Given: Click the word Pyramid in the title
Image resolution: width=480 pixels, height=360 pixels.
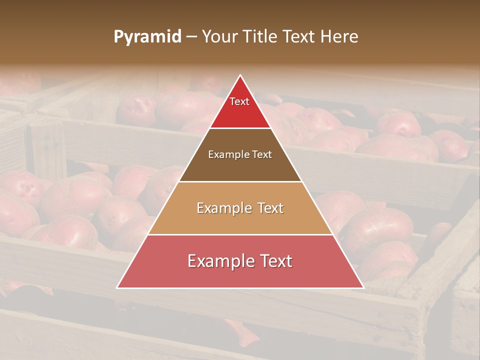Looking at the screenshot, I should coord(147,37).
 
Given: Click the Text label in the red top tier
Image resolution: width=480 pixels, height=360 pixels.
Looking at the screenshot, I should coord(239,101).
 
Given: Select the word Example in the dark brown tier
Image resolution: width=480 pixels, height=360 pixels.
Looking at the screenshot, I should coord(227,155).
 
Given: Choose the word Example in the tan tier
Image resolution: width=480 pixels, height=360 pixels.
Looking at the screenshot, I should coord(222,208).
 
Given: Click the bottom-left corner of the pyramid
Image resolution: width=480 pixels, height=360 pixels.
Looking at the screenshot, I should coord(117,287).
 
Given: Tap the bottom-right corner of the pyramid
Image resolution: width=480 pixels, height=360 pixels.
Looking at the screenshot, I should coord(363,287).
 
